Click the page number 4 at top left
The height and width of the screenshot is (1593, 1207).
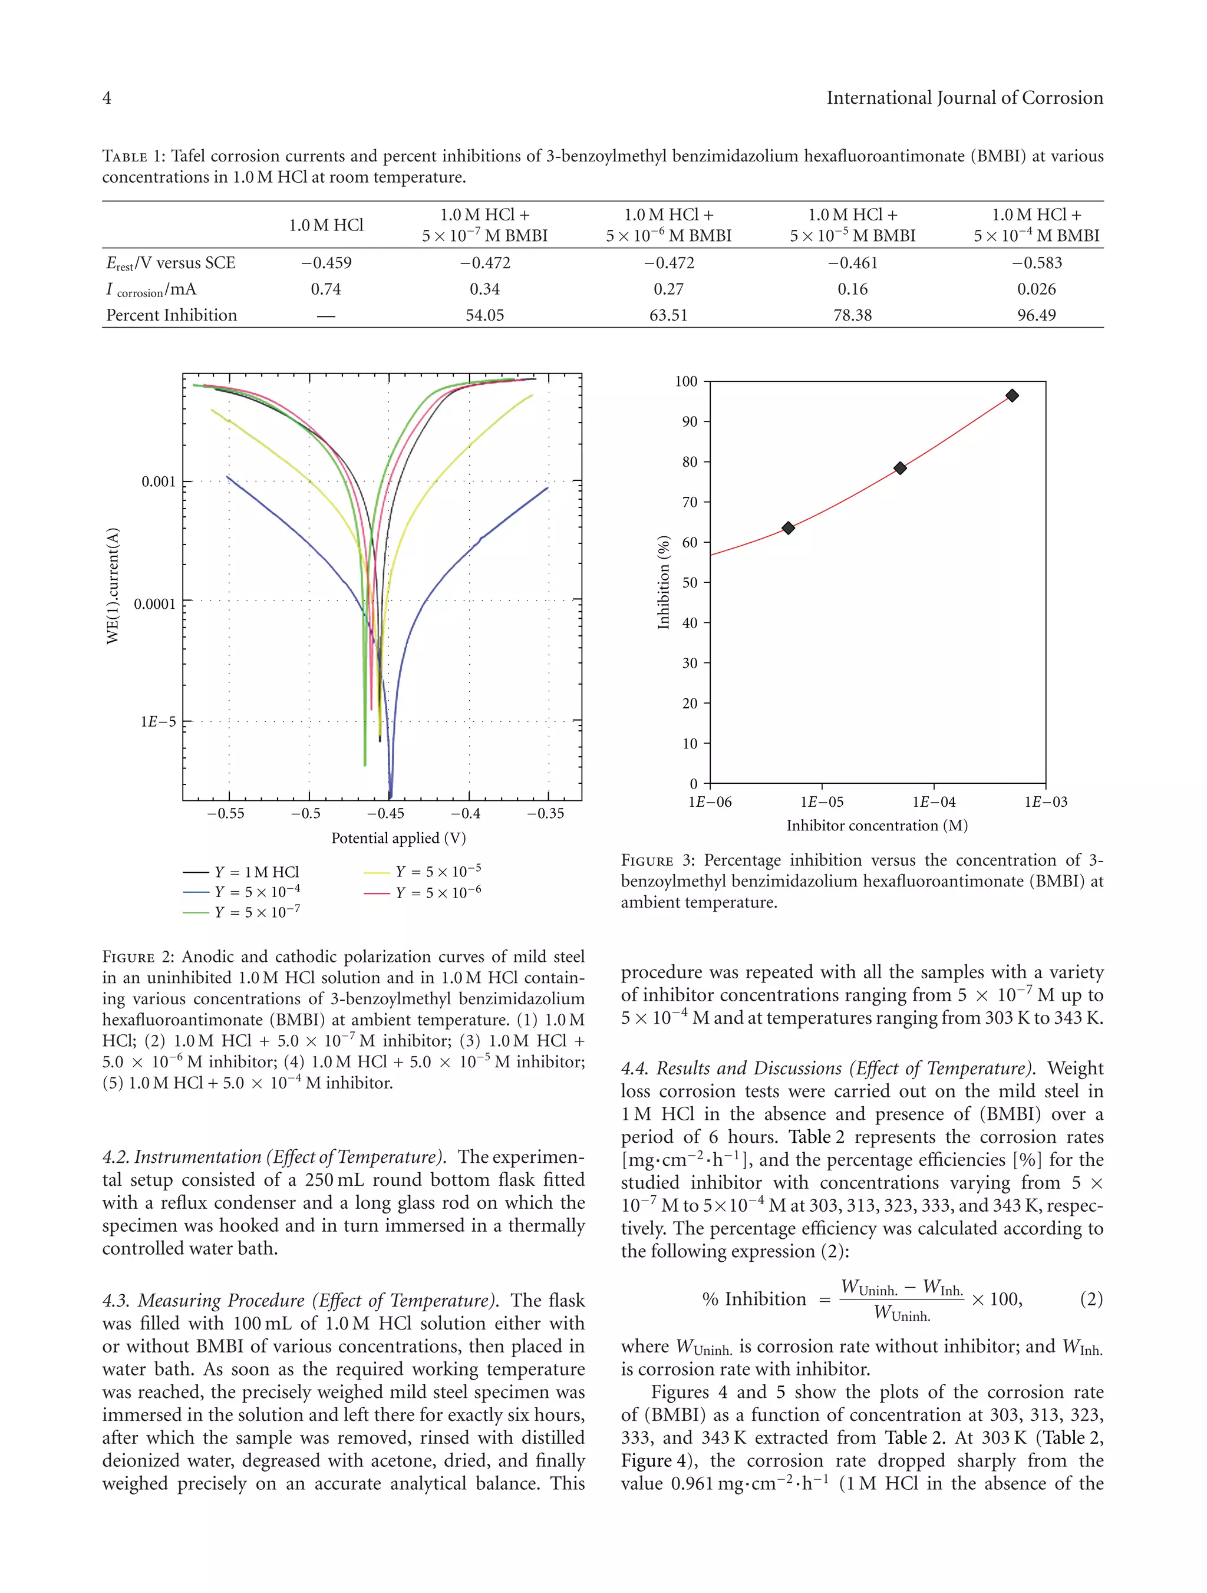pyautogui.click(x=107, y=98)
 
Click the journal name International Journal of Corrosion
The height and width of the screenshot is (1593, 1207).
pyautogui.click(x=964, y=98)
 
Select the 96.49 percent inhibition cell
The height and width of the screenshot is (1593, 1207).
pyautogui.click(x=1035, y=315)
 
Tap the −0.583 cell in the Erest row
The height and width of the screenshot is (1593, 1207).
pyautogui.click(x=1035, y=263)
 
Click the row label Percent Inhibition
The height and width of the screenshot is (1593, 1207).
pyautogui.click(x=172, y=315)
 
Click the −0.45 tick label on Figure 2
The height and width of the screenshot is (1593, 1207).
pyautogui.click(x=385, y=814)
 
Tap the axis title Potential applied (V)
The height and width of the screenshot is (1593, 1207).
pyautogui.click(x=398, y=838)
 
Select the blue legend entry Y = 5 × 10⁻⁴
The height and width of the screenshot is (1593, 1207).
pyautogui.click(x=256, y=892)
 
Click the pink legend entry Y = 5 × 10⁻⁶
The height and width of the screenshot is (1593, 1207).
pyautogui.click(x=437, y=893)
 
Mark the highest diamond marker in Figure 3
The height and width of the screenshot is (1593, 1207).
pyautogui.click(x=1012, y=395)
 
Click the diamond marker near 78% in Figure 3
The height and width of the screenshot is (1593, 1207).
pyautogui.click(x=899, y=468)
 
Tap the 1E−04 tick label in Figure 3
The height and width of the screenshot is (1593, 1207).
pyautogui.click(x=934, y=802)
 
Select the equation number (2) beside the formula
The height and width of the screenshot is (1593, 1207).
pyautogui.click(x=1091, y=1299)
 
